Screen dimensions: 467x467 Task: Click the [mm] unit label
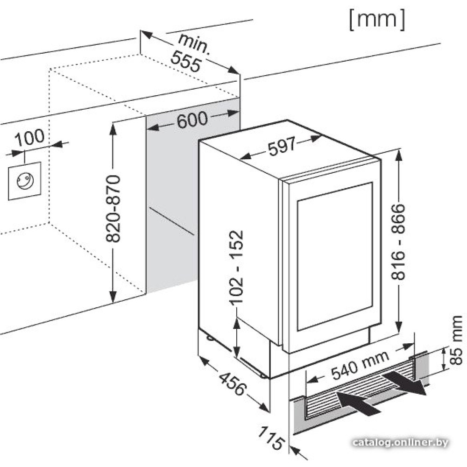coord(376,20)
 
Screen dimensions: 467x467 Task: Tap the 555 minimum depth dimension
coord(185,61)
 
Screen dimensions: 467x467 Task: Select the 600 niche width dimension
coord(192,120)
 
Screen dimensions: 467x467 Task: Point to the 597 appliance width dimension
coord(282,147)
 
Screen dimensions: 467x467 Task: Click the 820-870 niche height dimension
coord(113,209)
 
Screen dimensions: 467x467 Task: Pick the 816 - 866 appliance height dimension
coord(398,241)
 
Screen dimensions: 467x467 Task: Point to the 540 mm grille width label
coord(359,365)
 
